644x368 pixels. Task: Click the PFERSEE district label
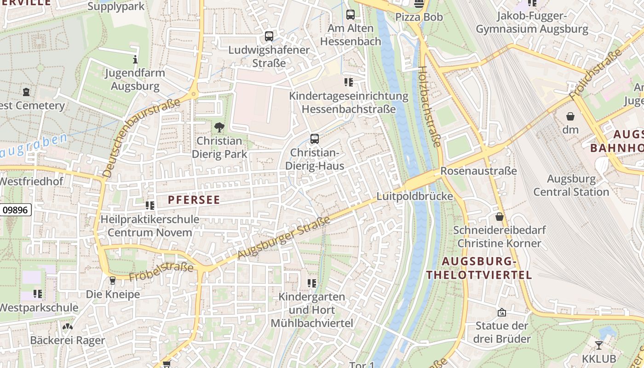[x=194, y=200]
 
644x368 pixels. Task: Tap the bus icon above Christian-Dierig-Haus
[x=315, y=138]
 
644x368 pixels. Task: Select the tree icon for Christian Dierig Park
[x=219, y=127]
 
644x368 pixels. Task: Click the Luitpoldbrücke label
[x=414, y=196]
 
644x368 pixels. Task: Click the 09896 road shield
[x=16, y=210]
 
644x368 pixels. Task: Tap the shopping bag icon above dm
[x=570, y=116]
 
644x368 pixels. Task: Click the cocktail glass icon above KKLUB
[x=598, y=345]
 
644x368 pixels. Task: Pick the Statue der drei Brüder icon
[x=502, y=312]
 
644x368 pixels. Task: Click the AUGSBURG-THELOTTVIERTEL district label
[x=479, y=268]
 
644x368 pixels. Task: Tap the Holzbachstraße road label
[x=429, y=107]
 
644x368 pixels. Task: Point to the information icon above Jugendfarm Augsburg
[x=135, y=59]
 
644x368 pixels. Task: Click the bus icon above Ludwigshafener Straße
[x=269, y=36]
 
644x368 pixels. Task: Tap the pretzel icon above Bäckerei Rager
[x=68, y=327]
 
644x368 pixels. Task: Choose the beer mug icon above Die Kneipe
[x=113, y=281]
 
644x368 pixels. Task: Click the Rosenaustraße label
[x=478, y=171]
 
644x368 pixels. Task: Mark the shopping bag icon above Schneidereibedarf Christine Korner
[x=500, y=217]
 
